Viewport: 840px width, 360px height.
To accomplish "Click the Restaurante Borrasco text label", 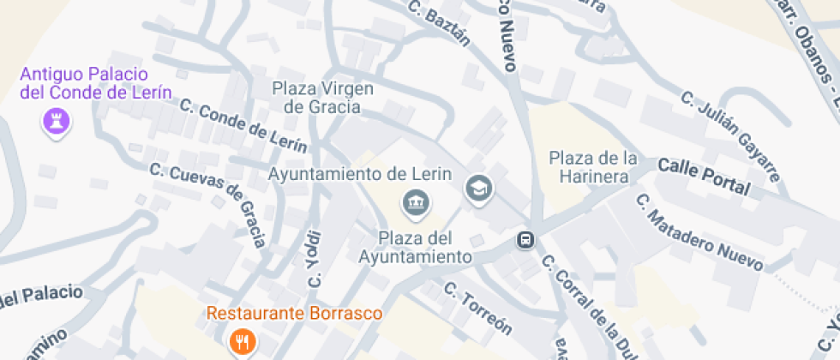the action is [x=294, y=314].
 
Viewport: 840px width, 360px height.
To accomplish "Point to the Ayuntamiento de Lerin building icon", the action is [x=417, y=203].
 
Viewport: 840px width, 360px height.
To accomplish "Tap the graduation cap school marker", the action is [x=478, y=188].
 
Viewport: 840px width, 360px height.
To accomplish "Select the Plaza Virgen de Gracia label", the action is [x=328, y=98].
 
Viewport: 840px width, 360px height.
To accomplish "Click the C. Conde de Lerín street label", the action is [x=243, y=125].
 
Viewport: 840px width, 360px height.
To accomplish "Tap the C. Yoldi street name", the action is [x=315, y=259].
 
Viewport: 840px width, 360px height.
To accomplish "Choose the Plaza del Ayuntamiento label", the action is [x=415, y=247].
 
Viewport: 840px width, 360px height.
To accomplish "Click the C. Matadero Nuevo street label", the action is [x=698, y=231].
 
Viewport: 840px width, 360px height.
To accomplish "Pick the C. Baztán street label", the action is [x=440, y=24].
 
